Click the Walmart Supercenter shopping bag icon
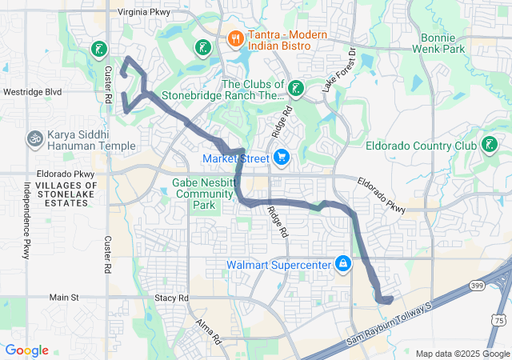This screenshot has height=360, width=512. [x=342, y=264]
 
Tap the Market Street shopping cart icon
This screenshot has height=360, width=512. [x=281, y=158]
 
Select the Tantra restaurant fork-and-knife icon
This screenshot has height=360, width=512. [x=235, y=38]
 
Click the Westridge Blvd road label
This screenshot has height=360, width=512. [x=32, y=92]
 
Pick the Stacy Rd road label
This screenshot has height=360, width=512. [x=171, y=298]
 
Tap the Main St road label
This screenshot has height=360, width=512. [x=64, y=298]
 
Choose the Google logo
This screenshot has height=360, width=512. [x=26, y=350]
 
